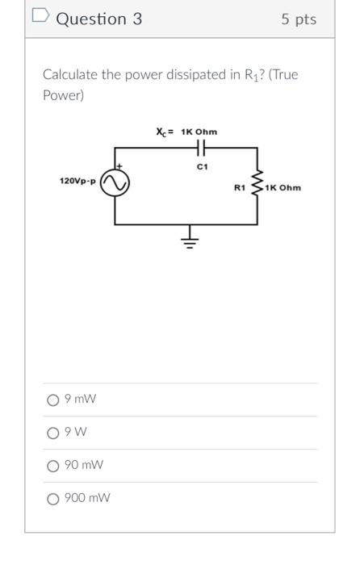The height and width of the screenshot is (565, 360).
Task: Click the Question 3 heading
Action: [x=98, y=19]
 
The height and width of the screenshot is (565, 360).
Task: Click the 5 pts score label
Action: [x=299, y=19]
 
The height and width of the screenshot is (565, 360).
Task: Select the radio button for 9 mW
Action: [x=53, y=400]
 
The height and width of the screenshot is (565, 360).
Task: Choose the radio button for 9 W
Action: [x=53, y=433]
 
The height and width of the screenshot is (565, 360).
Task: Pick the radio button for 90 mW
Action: [x=53, y=466]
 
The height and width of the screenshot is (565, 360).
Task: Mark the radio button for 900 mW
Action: [x=53, y=498]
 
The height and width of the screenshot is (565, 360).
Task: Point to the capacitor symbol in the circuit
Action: [x=202, y=149]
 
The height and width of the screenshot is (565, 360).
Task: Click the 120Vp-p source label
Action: [x=77, y=181]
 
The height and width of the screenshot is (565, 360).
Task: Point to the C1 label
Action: [x=202, y=166]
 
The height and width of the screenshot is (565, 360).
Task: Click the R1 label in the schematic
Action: [x=239, y=188]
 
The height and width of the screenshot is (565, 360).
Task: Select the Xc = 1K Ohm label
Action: [x=186, y=131]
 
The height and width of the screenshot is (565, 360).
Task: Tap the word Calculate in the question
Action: [x=69, y=75]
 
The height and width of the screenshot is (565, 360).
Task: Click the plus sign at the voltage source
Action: [x=119, y=167]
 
